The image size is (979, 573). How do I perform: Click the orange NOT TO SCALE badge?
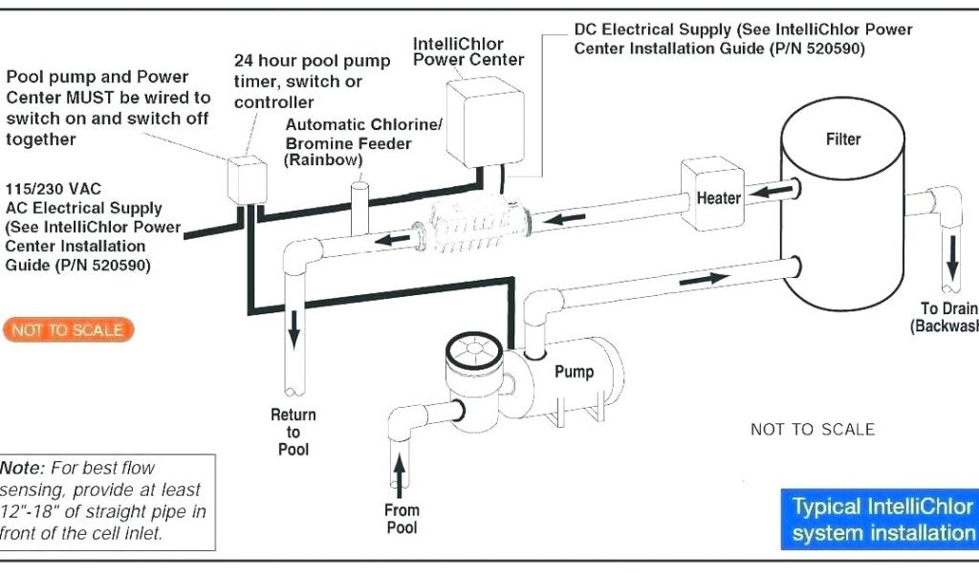(x=68, y=330)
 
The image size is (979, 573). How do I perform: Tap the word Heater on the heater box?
(x=718, y=199)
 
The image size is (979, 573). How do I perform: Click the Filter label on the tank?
(x=842, y=139)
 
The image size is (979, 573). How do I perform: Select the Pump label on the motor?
(x=574, y=371)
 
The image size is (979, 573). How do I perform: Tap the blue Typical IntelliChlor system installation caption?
(x=881, y=520)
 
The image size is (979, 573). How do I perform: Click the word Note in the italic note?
(x=23, y=469)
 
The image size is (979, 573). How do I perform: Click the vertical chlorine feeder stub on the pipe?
(x=359, y=207)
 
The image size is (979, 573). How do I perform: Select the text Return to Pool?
(x=294, y=432)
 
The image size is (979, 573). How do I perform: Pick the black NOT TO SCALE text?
(x=812, y=430)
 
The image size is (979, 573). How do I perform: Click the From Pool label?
(x=402, y=519)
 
